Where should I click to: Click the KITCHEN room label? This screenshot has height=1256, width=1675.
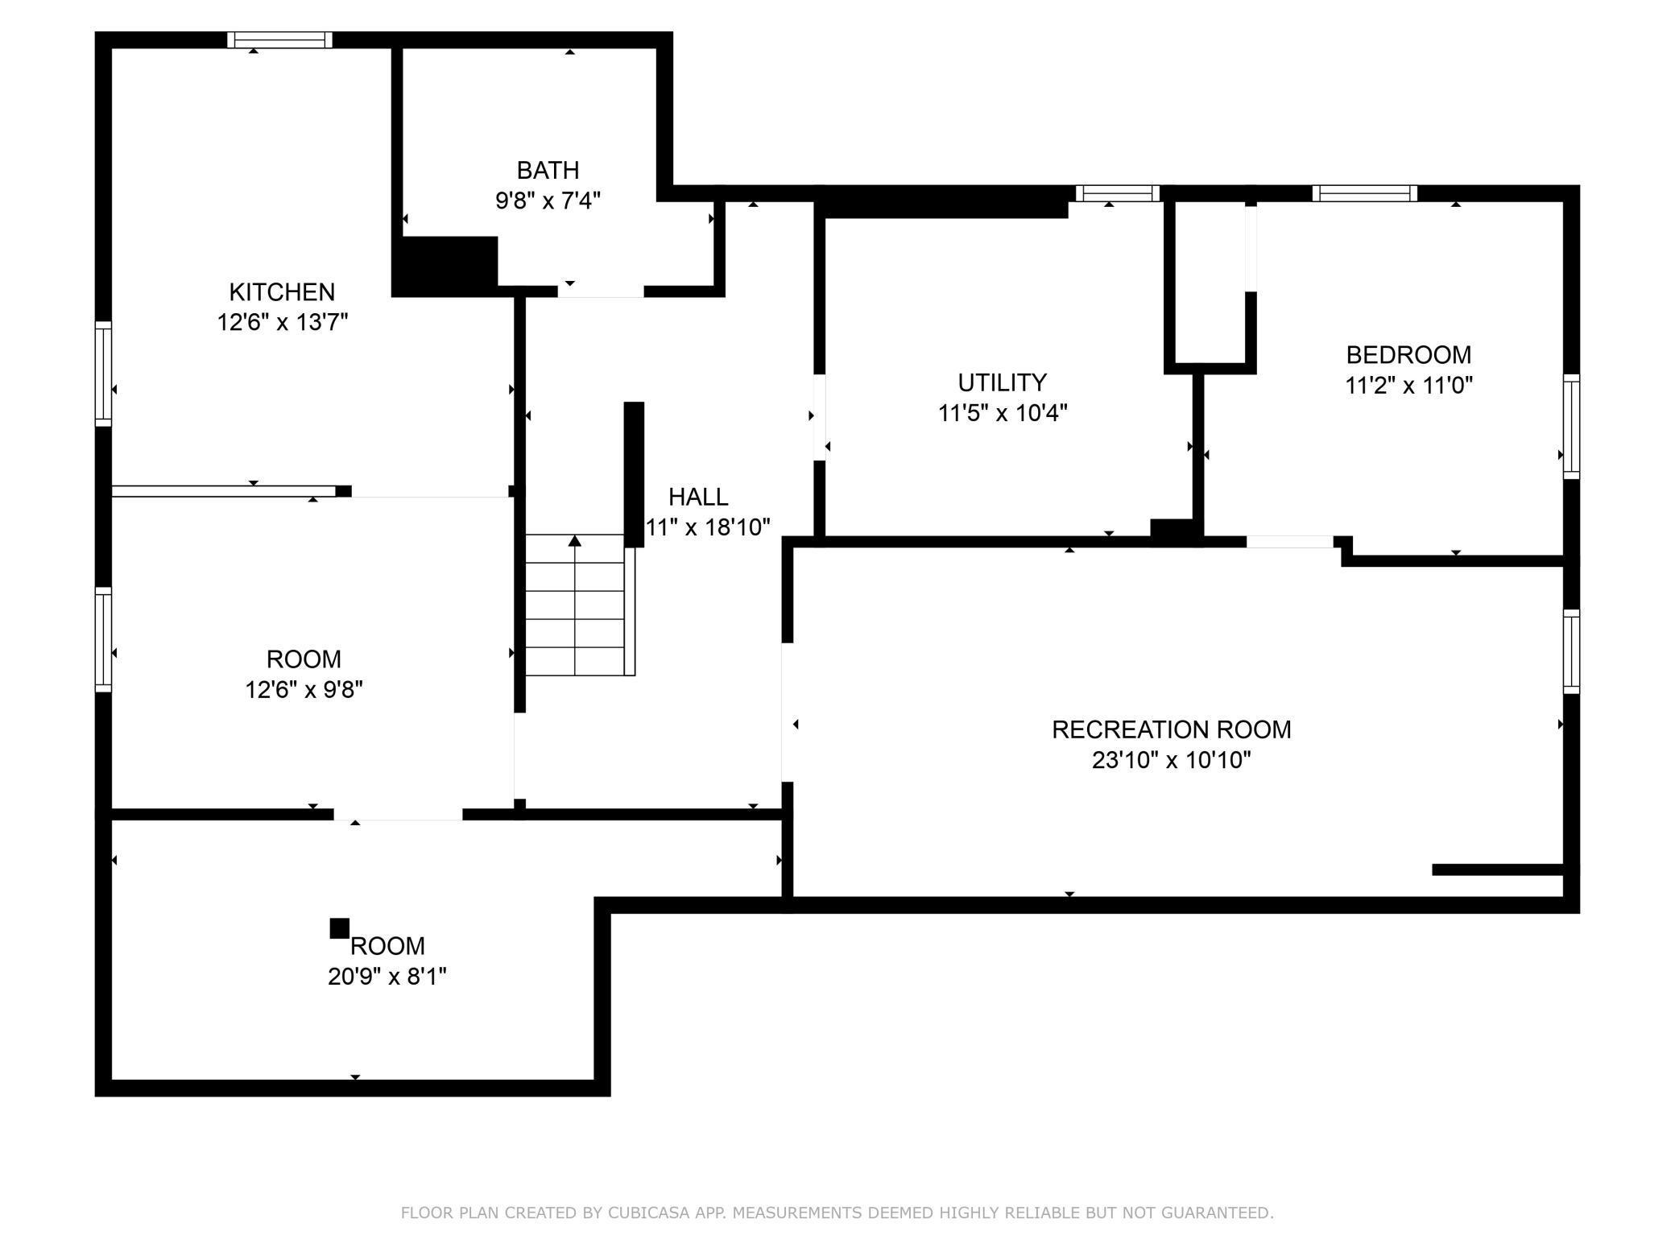click(282, 291)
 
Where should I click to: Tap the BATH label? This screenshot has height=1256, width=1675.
click(548, 170)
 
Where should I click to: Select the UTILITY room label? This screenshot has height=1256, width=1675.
click(1002, 382)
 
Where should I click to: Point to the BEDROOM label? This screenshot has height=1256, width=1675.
click(1408, 354)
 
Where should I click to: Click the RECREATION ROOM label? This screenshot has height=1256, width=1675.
click(1171, 729)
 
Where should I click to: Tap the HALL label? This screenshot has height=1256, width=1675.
click(698, 497)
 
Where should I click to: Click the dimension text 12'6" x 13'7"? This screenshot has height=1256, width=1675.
click(282, 322)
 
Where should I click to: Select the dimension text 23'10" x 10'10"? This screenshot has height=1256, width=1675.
click(1171, 760)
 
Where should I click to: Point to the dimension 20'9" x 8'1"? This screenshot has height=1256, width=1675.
click(387, 977)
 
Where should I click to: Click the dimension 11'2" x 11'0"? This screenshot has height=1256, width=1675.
click(1408, 385)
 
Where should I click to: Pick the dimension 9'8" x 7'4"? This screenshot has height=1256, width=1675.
click(548, 200)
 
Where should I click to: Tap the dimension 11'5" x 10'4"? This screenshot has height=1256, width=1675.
click(1002, 412)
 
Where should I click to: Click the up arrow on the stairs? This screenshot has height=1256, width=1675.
click(574, 604)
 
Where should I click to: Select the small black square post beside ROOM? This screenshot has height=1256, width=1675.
click(340, 928)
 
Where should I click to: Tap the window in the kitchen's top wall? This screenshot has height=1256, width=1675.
click(279, 40)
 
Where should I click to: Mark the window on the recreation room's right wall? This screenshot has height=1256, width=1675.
click(1571, 651)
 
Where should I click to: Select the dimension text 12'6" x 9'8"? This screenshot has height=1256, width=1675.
click(304, 690)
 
